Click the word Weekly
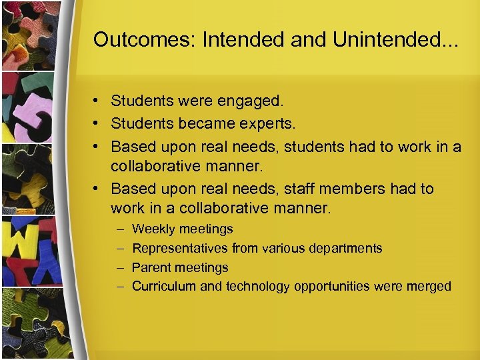click(153, 229)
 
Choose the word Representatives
click(180, 249)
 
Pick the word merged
click(429, 287)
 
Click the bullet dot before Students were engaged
click(97, 102)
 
